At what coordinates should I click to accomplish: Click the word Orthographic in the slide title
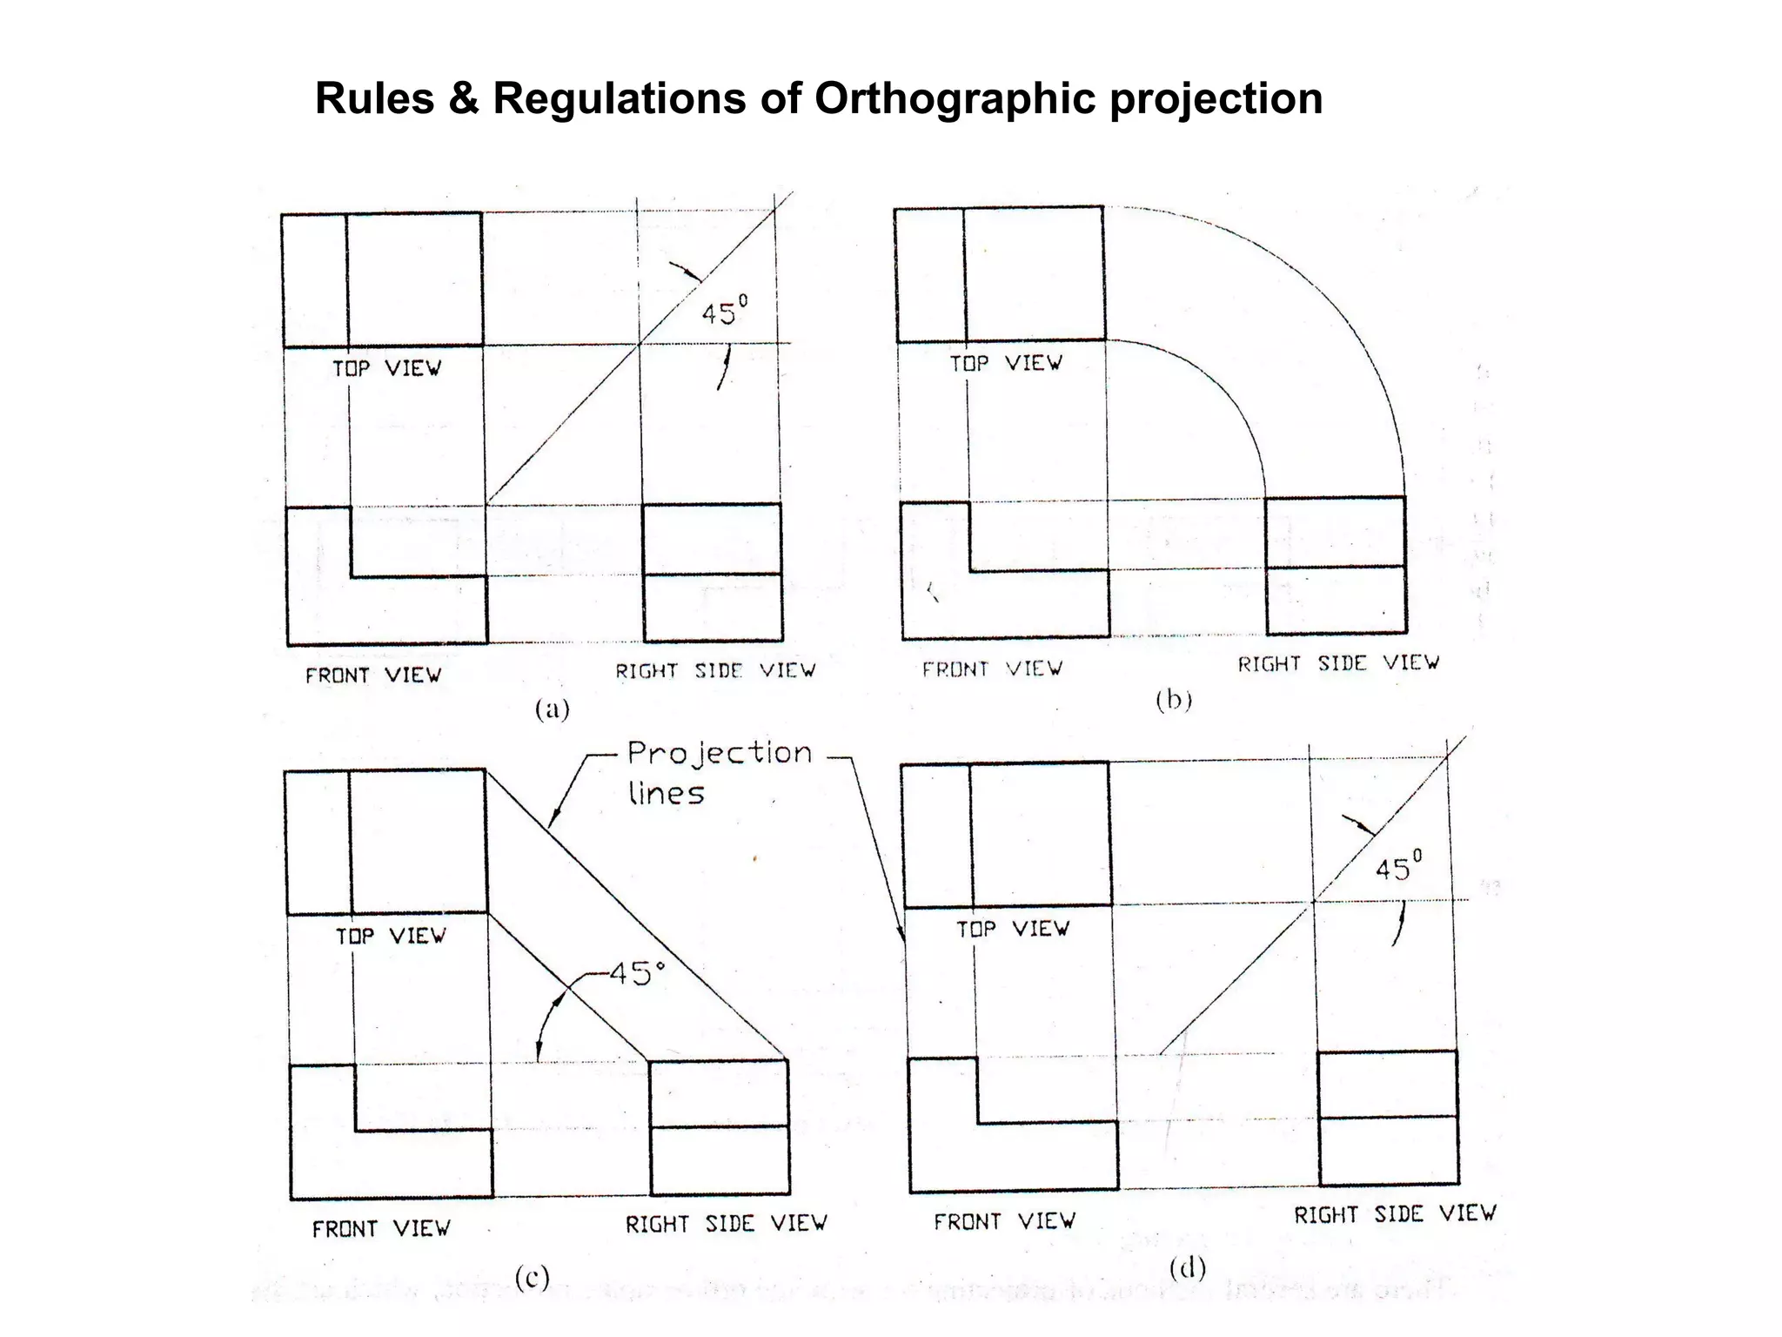pos(954,98)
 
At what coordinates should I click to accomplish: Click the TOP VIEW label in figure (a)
pos(386,368)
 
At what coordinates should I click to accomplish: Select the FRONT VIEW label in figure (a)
pos(373,675)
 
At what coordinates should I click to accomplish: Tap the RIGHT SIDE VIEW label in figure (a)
pos(715,671)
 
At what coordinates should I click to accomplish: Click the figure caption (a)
pos(552,709)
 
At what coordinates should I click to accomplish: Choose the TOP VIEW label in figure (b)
pos(1005,363)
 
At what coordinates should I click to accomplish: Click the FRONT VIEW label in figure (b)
pos(992,669)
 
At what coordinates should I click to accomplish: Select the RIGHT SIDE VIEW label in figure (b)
pos(1338,664)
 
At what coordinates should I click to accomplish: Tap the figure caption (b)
pos(1174,700)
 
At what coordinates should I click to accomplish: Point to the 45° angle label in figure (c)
pos(637,973)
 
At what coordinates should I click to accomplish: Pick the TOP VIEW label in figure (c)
pos(391,936)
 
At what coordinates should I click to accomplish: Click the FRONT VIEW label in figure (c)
pos(381,1229)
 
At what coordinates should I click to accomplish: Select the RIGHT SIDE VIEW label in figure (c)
pos(726,1224)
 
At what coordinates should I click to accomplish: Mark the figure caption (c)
pos(532,1278)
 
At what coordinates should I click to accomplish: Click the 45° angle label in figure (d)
pos(1398,868)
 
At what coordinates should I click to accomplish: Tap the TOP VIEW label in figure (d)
pos(1012,930)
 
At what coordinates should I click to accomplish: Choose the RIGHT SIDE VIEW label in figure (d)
pos(1395,1214)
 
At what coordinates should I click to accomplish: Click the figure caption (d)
pos(1188,1269)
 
